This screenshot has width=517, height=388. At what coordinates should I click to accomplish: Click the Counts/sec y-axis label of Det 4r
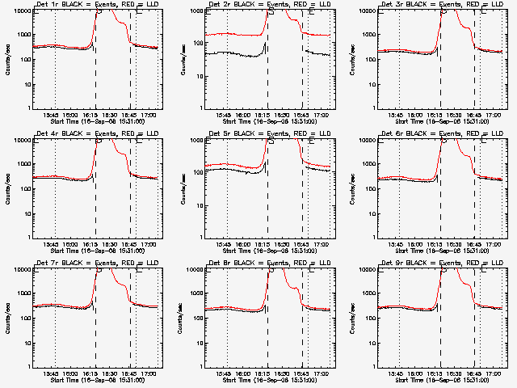(x=7, y=188)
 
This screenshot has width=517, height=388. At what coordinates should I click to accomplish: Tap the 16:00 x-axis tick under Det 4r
(x=71, y=242)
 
